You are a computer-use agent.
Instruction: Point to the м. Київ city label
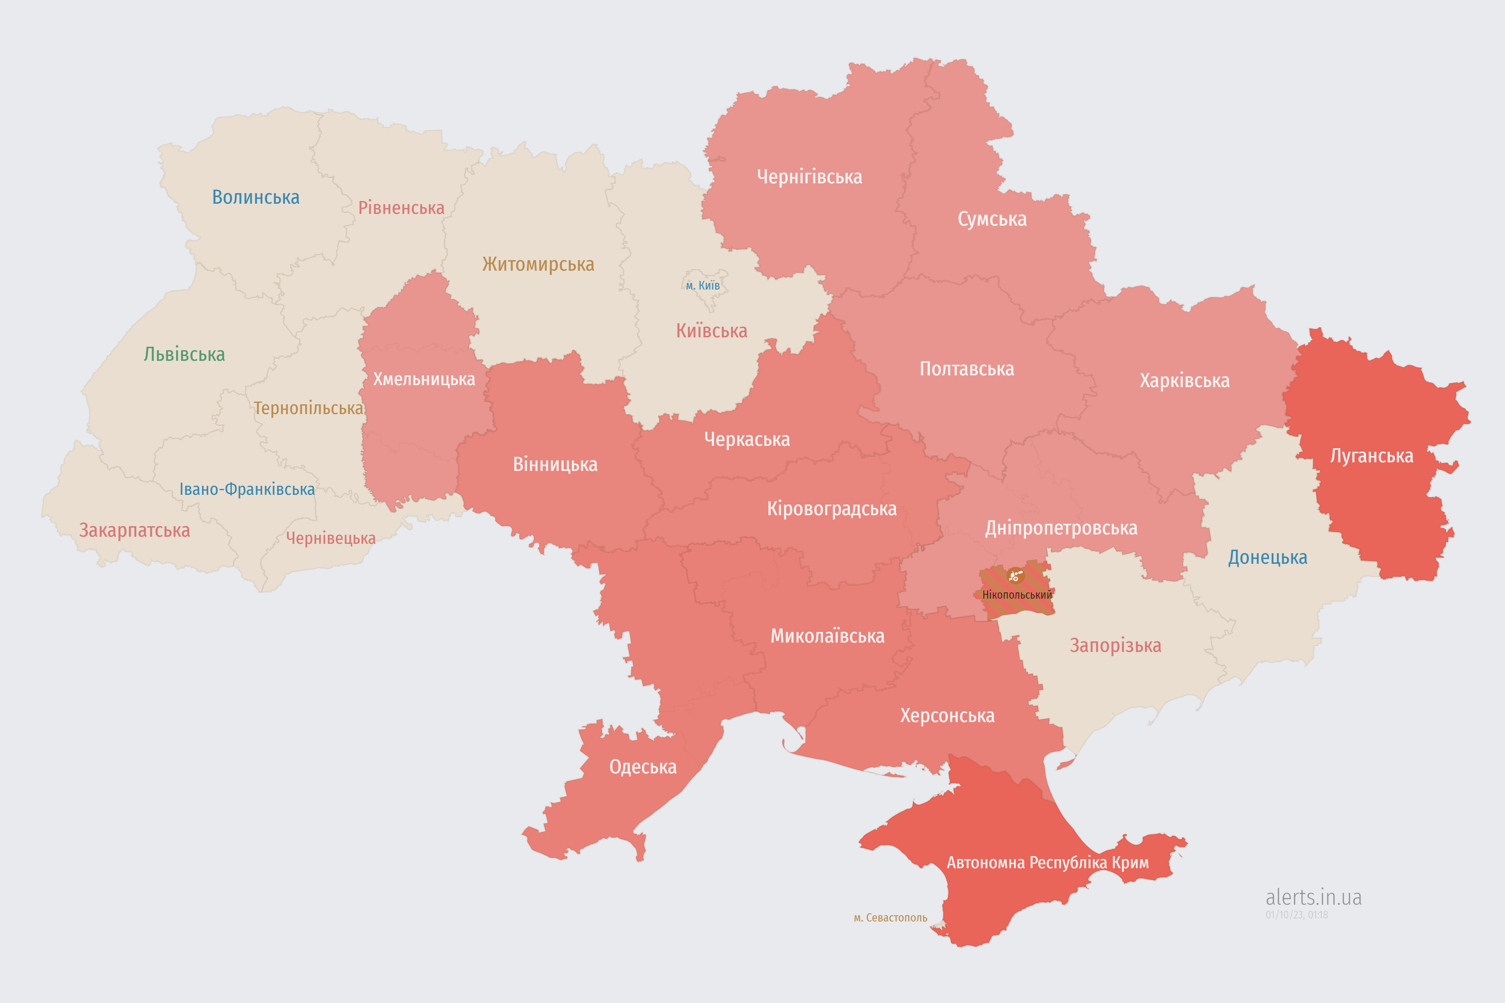(x=703, y=285)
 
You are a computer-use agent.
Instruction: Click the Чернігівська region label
(x=809, y=177)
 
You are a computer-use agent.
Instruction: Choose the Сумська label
(x=992, y=219)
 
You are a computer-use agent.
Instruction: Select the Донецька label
(x=1267, y=557)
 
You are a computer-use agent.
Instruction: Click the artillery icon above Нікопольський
(x=1015, y=576)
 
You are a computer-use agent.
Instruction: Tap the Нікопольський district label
(x=1017, y=595)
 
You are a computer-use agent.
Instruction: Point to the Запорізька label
(x=1115, y=645)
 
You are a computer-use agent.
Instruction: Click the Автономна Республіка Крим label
(x=1048, y=862)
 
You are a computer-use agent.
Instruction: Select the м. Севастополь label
(x=890, y=918)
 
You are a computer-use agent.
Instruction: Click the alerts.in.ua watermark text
(x=1313, y=897)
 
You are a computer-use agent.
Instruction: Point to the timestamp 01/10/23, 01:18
(x=1296, y=915)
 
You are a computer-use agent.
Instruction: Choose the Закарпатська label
(x=134, y=530)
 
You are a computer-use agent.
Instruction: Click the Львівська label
(x=184, y=354)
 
